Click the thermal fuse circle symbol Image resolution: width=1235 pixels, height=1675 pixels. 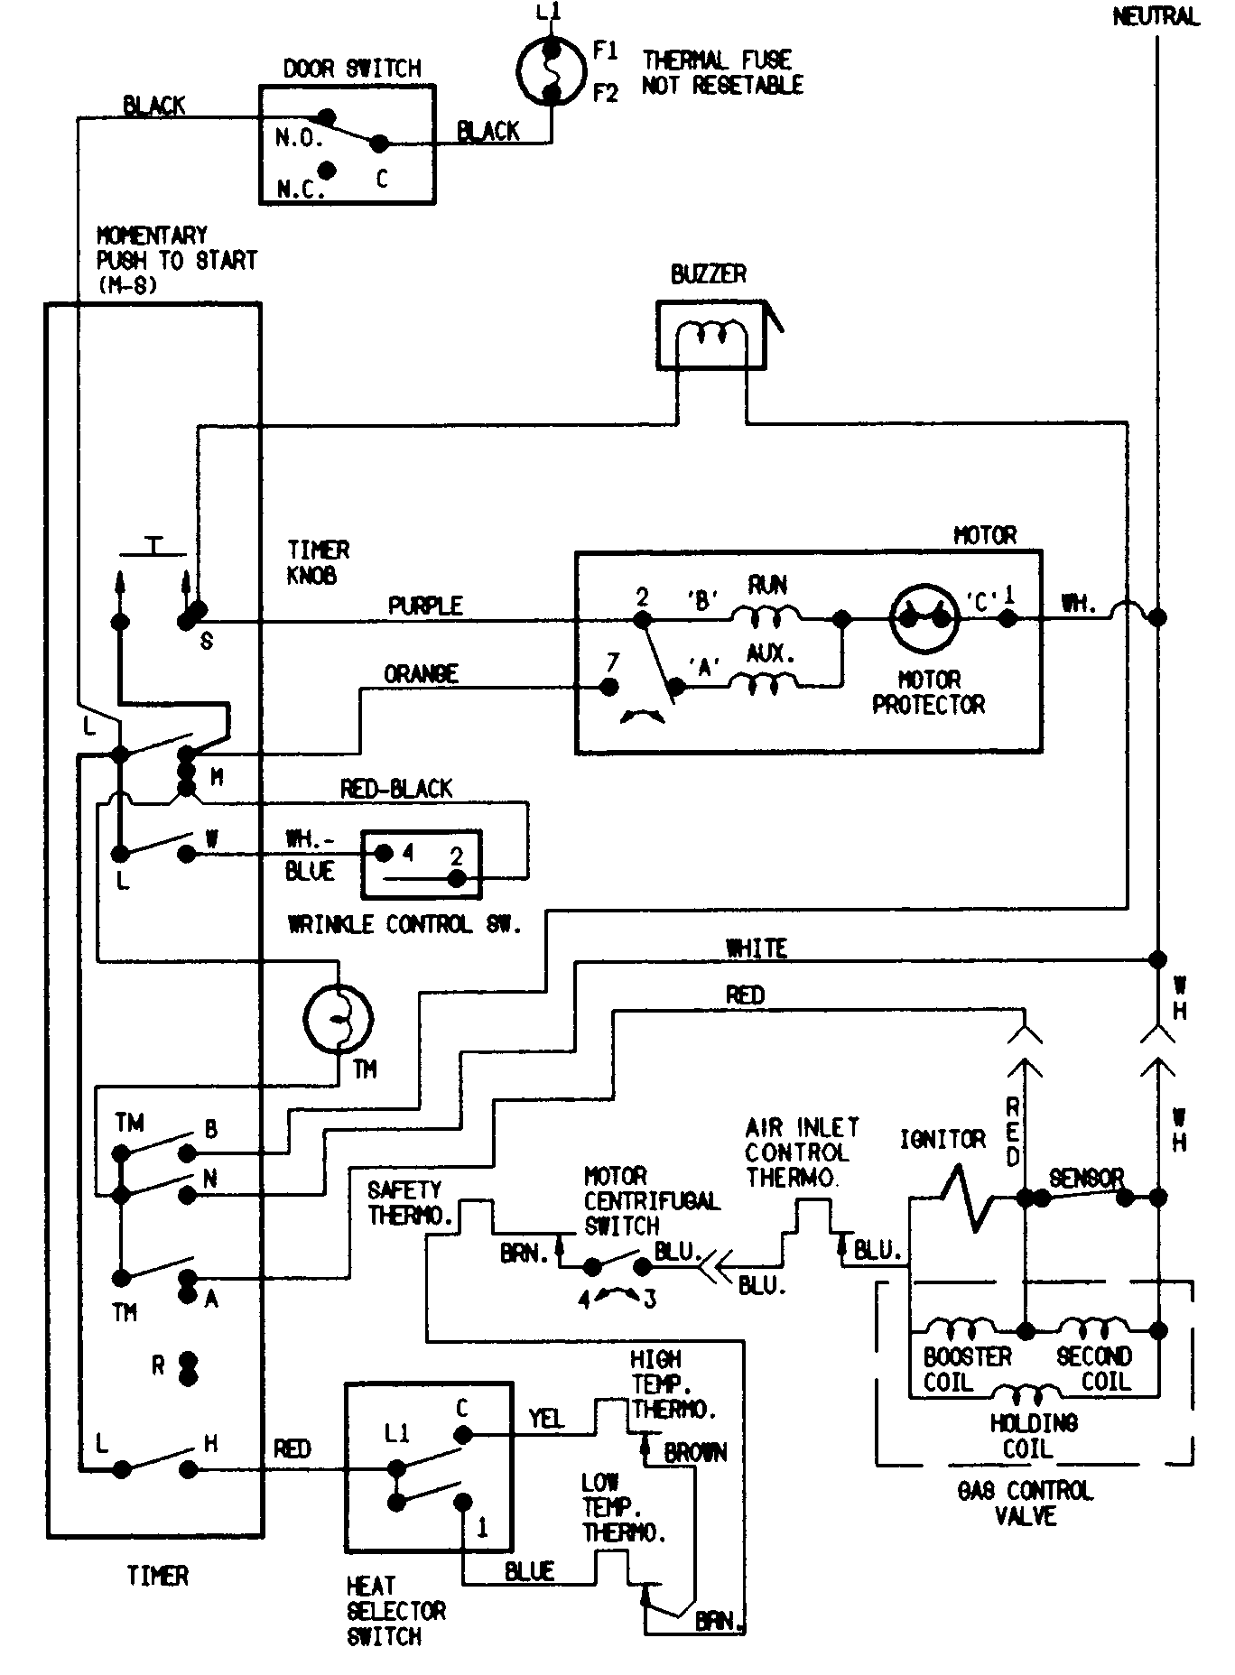click(551, 71)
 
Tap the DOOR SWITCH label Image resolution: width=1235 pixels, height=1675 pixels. click(352, 69)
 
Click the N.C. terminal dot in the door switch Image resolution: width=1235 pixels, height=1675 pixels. click(328, 170)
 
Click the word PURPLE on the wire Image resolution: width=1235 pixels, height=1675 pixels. click(425, 606)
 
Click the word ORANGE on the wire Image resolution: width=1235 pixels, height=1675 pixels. click(421, 674)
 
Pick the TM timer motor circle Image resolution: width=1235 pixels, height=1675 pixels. click(338, 1019)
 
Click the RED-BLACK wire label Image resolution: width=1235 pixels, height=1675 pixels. click(395, 789)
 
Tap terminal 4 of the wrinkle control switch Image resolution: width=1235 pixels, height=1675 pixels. click(384, 853)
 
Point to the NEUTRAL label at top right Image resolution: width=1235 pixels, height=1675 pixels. click(1156, 16)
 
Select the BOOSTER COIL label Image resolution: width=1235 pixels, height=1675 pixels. click(966, 1369)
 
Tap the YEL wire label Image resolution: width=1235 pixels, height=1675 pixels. click(546, 1419)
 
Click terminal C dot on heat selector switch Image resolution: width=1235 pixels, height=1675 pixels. click(462, 1434)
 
